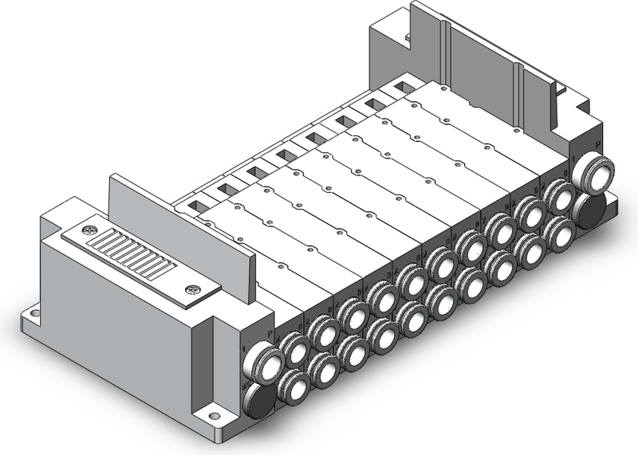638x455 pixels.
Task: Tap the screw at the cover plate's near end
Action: click(x=190, y=289)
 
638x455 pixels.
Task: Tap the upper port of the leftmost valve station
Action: click(x=297, y=349)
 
